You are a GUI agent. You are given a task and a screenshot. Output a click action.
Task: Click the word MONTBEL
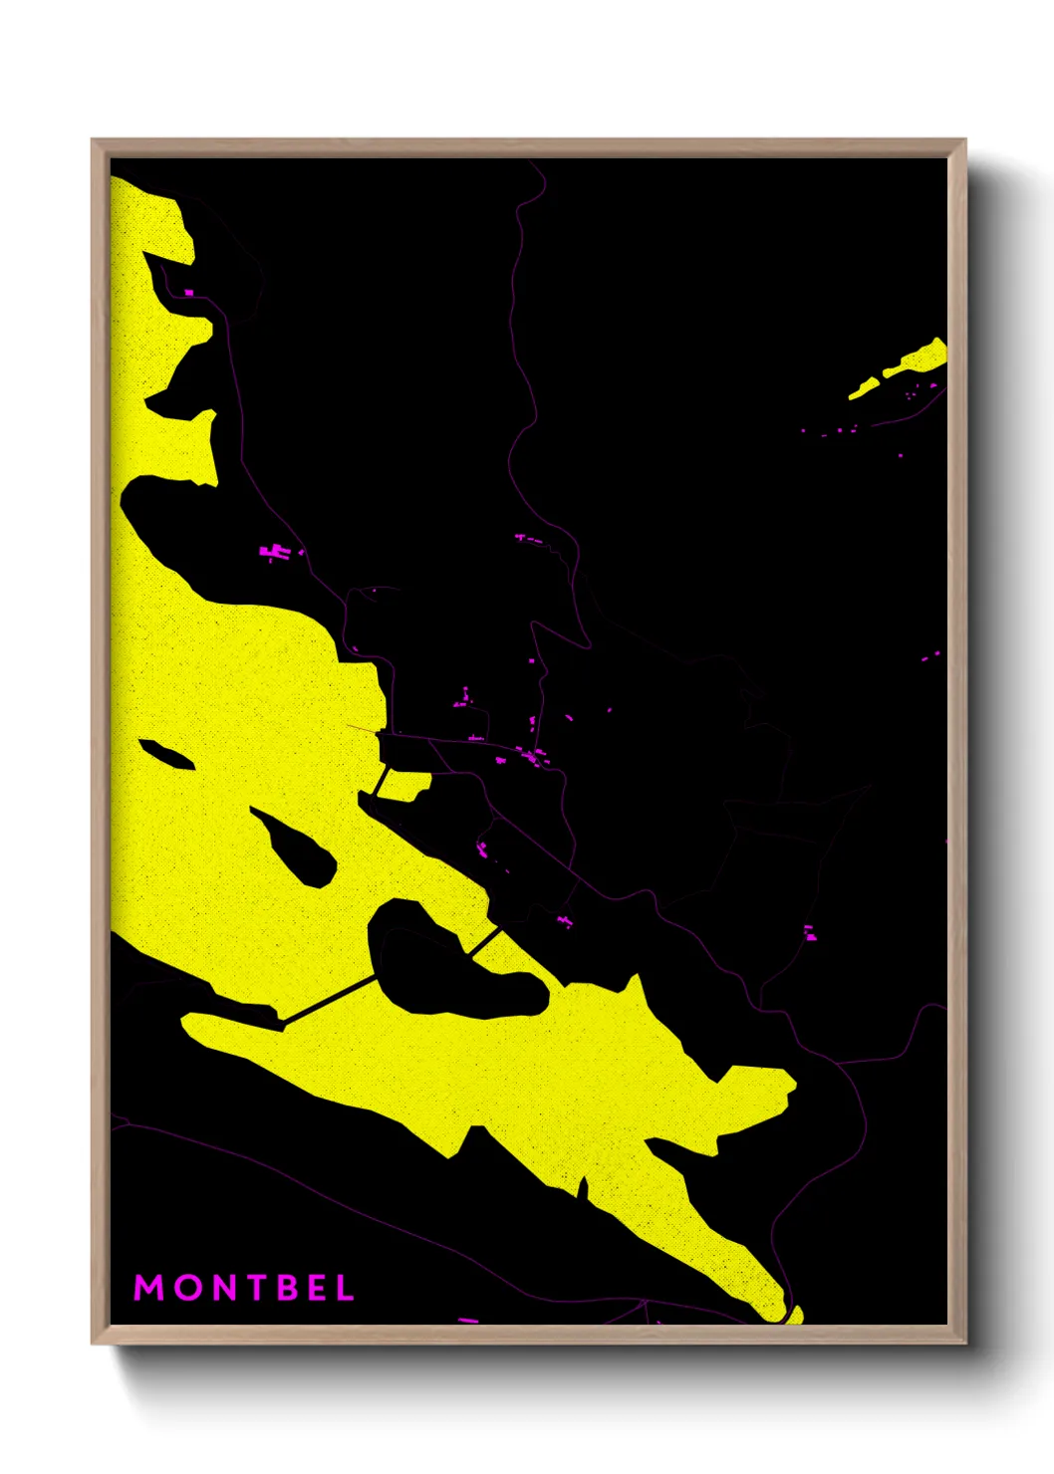(244, 1288)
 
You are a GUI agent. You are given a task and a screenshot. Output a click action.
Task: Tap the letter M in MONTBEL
(148, 1288)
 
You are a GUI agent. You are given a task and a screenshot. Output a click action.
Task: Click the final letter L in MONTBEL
(345, 1288)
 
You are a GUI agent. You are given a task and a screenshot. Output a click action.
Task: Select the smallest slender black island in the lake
(166, 754)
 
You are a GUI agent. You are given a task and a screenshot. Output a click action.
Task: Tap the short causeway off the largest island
(484, 940)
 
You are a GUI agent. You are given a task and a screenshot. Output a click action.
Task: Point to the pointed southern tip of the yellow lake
(794, 1318)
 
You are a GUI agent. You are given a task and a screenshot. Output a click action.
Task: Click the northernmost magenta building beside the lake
(188, 293)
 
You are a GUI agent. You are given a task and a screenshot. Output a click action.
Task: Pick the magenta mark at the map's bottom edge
(467, 1321)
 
